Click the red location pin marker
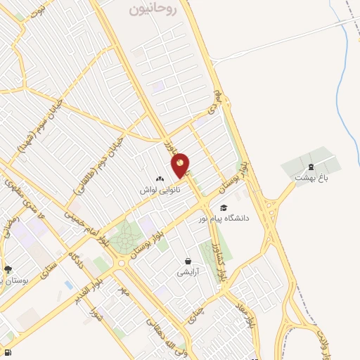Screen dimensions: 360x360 tap(181, 165)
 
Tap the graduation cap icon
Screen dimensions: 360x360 tap(224, 207)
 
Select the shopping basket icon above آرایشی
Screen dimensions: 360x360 tap(188, 261)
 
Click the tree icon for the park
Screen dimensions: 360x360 tap(8, 269)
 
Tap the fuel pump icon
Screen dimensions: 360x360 tap(7, 352)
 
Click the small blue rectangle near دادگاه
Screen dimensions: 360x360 tap(67, 284)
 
